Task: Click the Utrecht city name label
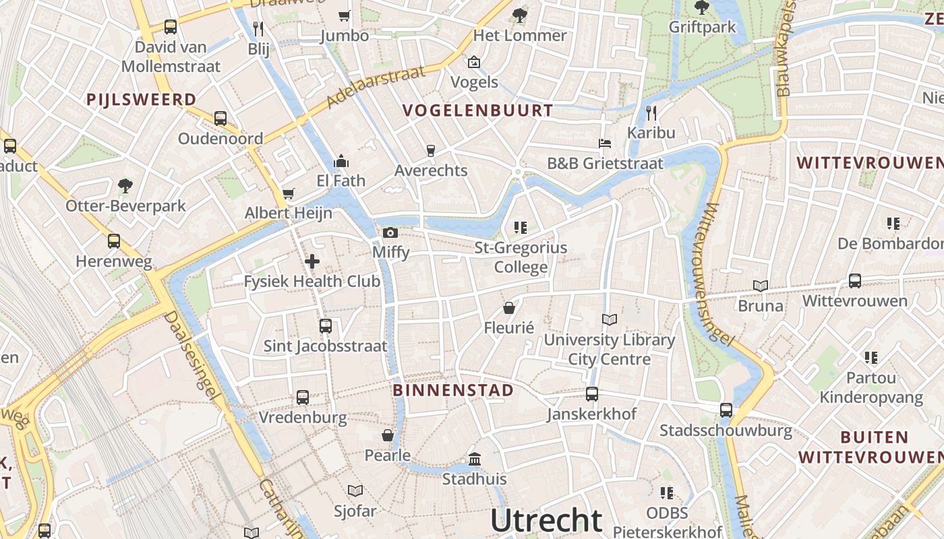pyautogui.click(x=546, y=520)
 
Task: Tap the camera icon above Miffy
pyautogui.click(x=390, y=233)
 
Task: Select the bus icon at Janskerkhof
pyautogui.click(x=591, y=394)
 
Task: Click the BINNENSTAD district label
pyautogui.click(x=453, y=390)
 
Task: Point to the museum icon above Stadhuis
pyautogui.click(x=475, y=459)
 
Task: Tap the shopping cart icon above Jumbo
pyautogui.click(x=345, y=15)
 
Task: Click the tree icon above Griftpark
pyautogui.click(x=701, y=8)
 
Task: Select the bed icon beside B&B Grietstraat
pyautogui.click(x=605, y=144)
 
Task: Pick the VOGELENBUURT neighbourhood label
pyautogui.click(x=477, y=110)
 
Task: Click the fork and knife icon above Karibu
pyautogui.click(x=651, y=113)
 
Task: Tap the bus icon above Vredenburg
pyautogui.click(x=303, y=398)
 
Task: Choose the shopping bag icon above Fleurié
pyautogui.click(x=509, y=308)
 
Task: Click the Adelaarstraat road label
pyautogui.click(x=376, y=87)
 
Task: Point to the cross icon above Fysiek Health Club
pyautogui.click(x=312, y=261)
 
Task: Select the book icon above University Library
pyautogui.click(x=609, y=319)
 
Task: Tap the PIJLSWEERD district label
pyautogui.click(x=141, y=100)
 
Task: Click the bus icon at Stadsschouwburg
pyautogui.click(x=726, y=410)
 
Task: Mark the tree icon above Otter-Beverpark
pyautogui.click(x=125, y=185)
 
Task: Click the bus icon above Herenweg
pyautogui.click(x=114, y=241)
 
